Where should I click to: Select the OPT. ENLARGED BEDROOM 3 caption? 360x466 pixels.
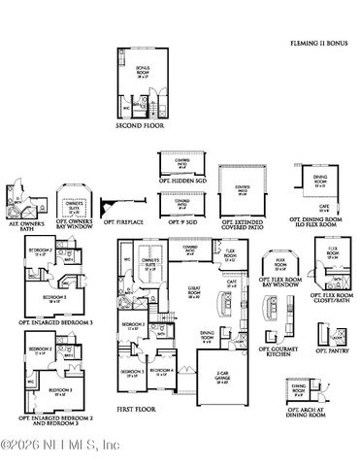tap(49, 319)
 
